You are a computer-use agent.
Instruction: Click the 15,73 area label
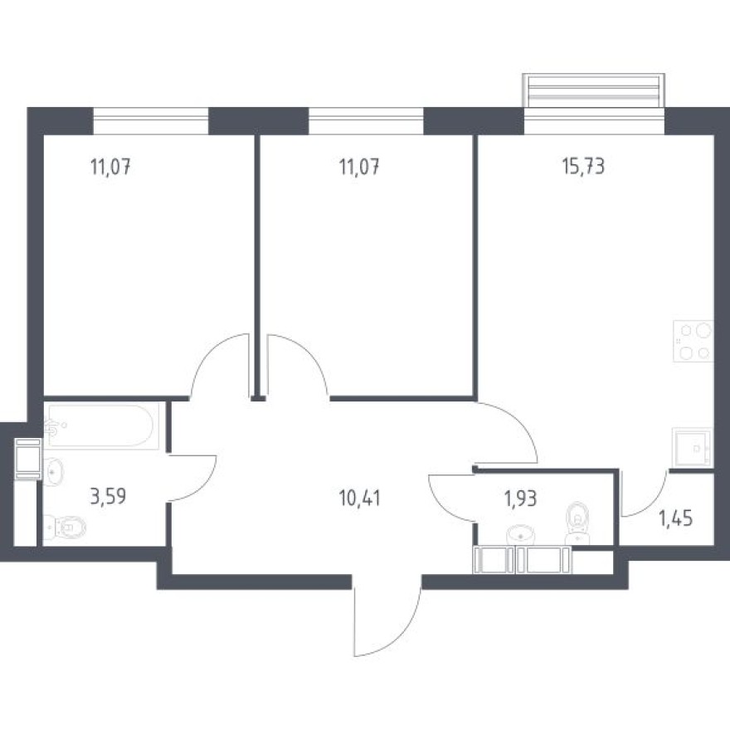click(582, 166)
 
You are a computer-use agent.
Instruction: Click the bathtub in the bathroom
click(101, 426)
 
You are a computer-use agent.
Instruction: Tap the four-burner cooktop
click(693, 342)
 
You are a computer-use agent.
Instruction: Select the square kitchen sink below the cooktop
click(692, 449)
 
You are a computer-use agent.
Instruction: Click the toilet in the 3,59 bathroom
click(66, 525)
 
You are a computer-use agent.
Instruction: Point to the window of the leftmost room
click(150, 123)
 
